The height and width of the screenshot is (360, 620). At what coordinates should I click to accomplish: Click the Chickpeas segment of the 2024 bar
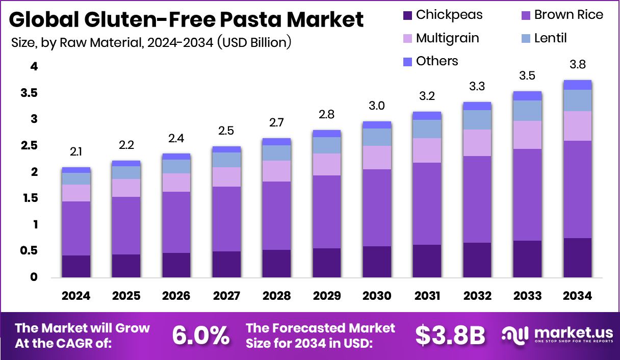pyautogui.click(x=76, y=266)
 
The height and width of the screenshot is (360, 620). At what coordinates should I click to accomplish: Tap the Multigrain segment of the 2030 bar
pyautogui.click(x=377, y=158)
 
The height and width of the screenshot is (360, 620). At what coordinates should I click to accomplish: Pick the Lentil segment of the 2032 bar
pyautogui.click(x=477, y=120)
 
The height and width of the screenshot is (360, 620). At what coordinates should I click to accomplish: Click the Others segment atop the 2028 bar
pyautogui.click(x=276, y=142)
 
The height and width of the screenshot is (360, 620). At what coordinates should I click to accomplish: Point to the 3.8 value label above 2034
pyautogui.click(x=577, y=65)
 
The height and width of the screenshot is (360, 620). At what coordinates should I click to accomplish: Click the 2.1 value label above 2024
pyautogui.click(x=76, y=151)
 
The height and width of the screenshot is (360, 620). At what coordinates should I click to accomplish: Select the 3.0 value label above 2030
pyautogui.click(x=377, y=106)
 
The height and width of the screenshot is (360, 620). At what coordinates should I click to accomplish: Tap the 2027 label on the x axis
pyautogui.click(x=226, y=296)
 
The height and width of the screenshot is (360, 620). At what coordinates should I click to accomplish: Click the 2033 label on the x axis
pyautogui.click(x=527, y=296)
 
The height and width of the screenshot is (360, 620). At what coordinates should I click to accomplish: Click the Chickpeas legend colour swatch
pyautogui.click(x=407, y=15)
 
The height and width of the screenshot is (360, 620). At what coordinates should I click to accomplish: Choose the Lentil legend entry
pyautogui.click(x=550, y=38)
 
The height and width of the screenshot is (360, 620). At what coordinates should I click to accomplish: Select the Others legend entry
pyautogui.click(x=437, y=61)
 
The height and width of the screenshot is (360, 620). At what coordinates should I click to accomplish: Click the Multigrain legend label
pyautogui.click(x=447, y=38)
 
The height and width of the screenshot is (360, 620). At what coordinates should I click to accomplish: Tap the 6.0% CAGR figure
pyautogui.click(x=200, y=335)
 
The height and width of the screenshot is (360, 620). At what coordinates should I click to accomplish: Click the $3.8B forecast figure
pyautogui.click(x=450, y=335)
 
